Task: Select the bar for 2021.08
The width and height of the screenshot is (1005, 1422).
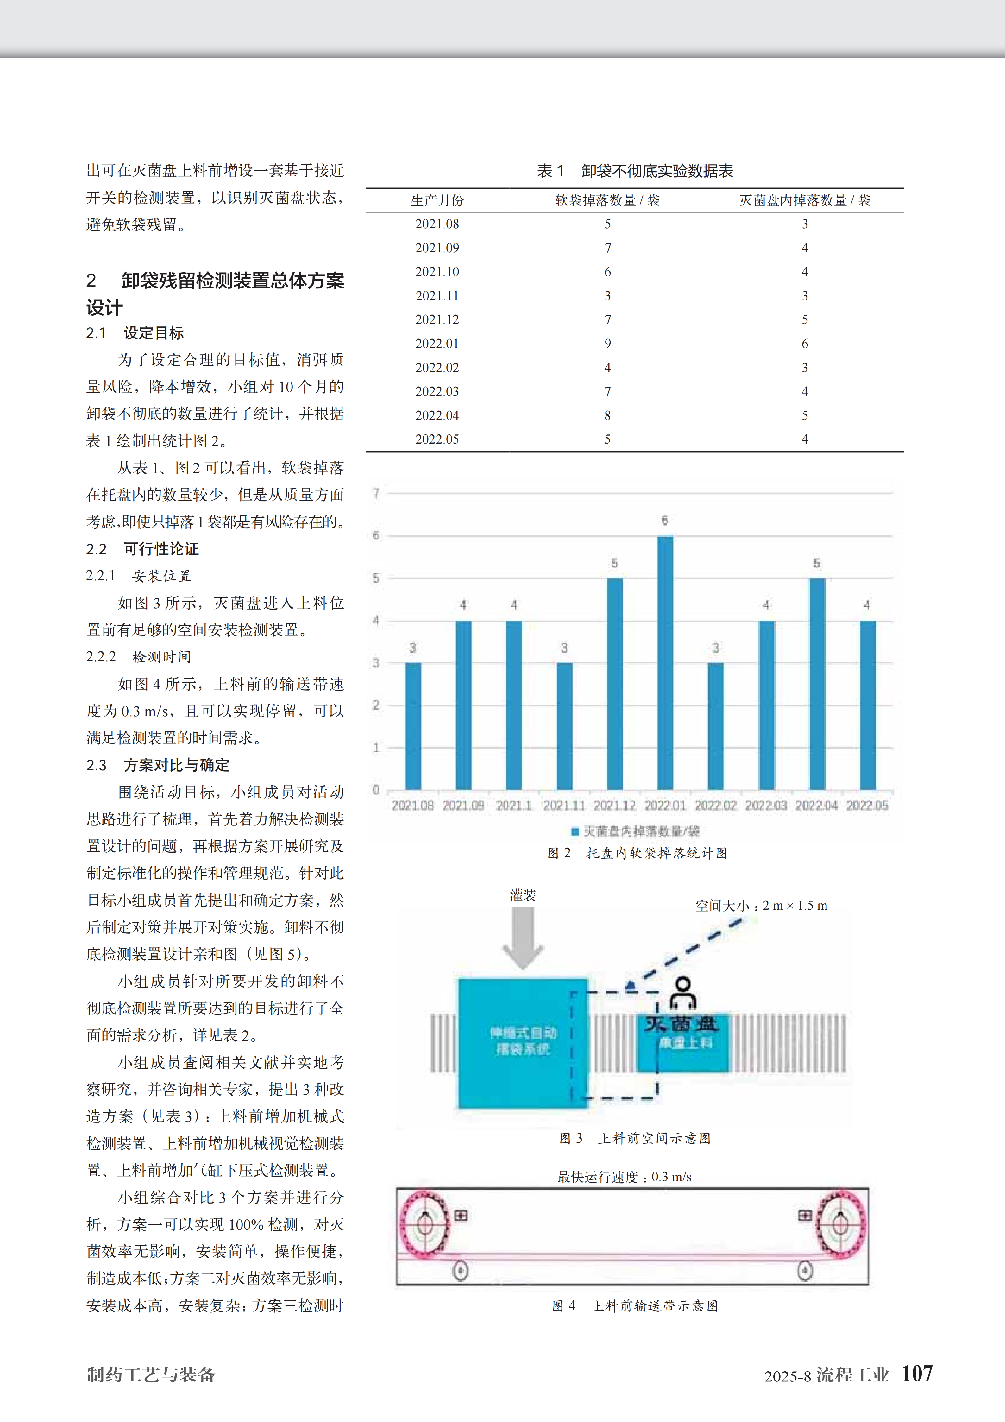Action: click(x=412, y=726)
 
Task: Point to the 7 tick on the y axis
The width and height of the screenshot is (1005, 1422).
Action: click(x=376, y=493)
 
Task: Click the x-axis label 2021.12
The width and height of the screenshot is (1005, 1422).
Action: click(x=614, y=805)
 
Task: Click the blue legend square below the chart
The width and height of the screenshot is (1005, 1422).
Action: click(x=575, y=831)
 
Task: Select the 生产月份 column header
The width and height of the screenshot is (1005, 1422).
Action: click(x=437, y=200)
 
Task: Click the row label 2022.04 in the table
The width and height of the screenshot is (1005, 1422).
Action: click(x=437, y=415)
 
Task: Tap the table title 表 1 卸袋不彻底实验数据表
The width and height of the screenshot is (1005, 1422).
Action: click(x=635, y=171)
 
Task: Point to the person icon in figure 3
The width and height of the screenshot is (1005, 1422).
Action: click(x=683, y=993)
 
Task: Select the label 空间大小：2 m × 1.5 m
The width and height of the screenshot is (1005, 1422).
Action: click(x=761, y=906)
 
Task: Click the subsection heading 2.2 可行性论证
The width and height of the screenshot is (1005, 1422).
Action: click(x=142, y=549)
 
